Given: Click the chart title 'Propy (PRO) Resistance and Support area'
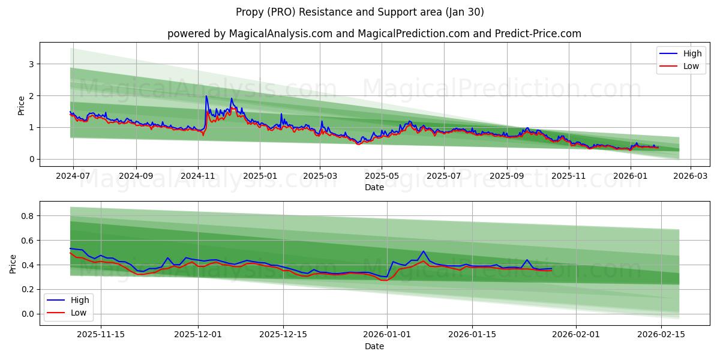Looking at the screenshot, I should click(359, 12).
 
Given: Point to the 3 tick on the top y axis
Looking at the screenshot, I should click(31, 64).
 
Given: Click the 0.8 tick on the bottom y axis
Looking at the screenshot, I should click(28, 216).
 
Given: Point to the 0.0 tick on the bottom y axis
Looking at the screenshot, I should click(28, 314).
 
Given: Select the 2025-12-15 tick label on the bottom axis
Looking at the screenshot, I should click(283, 335).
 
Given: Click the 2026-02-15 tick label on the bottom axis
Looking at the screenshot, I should click(661, 335).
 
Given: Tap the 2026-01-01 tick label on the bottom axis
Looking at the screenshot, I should click(387, 335).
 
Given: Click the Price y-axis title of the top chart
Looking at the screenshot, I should click(22, 105).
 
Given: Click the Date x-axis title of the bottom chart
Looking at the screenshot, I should click(374, 346).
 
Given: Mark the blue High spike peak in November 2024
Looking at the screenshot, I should click(206, 96).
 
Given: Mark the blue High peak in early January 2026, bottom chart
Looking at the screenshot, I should click(423, 251).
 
